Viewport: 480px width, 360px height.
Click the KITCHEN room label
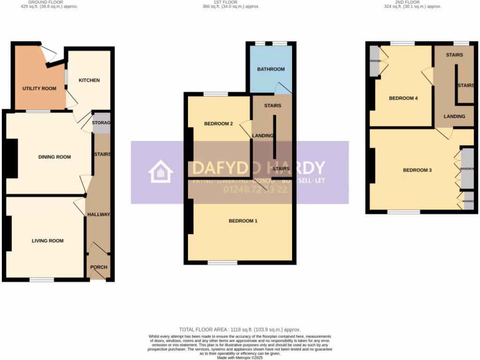coord(89,80)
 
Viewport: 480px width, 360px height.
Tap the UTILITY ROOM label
coord(39,89)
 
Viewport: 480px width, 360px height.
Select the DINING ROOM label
coord(54,157)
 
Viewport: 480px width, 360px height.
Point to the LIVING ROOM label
coord(47,241)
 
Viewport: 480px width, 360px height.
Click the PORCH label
coord(98,268)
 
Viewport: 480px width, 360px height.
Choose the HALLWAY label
coord(98,215)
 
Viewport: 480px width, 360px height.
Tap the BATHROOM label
coord(271,69)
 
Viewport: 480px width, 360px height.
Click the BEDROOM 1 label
coord(243,221)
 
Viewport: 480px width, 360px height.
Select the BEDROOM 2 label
coord(218,124)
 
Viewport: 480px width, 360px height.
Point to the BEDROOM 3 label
coord(417,170)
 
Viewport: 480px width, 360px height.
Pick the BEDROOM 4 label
coord(403,98)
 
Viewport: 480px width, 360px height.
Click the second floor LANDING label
coord(454,116)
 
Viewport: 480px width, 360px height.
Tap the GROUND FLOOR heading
coord(49,2)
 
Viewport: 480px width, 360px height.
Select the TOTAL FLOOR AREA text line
coord(240,330)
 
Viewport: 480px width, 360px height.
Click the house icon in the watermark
coord(161,172)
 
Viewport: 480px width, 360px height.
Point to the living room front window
coord(41,280)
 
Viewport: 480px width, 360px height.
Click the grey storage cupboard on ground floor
coord(101,123)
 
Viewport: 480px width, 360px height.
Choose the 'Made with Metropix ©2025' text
coord(240,358)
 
